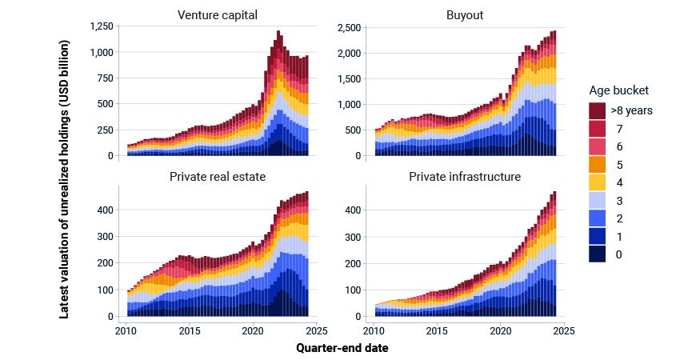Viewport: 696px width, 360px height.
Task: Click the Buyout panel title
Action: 466,14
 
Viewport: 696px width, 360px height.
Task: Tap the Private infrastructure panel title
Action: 466,176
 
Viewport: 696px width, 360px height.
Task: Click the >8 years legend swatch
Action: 597,110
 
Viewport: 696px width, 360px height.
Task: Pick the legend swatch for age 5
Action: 597,164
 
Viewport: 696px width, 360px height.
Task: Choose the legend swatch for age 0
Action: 597,254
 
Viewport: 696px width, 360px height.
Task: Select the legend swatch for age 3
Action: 597,200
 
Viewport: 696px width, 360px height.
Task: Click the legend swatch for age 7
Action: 597,128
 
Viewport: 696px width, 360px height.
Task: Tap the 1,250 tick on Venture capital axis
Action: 102,27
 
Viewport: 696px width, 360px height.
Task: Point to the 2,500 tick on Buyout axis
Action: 349,27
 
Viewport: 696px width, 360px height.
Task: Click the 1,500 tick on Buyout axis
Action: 349,79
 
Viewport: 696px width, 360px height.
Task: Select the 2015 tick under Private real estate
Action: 190,330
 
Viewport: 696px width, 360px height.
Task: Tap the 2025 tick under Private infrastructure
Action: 564,330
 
